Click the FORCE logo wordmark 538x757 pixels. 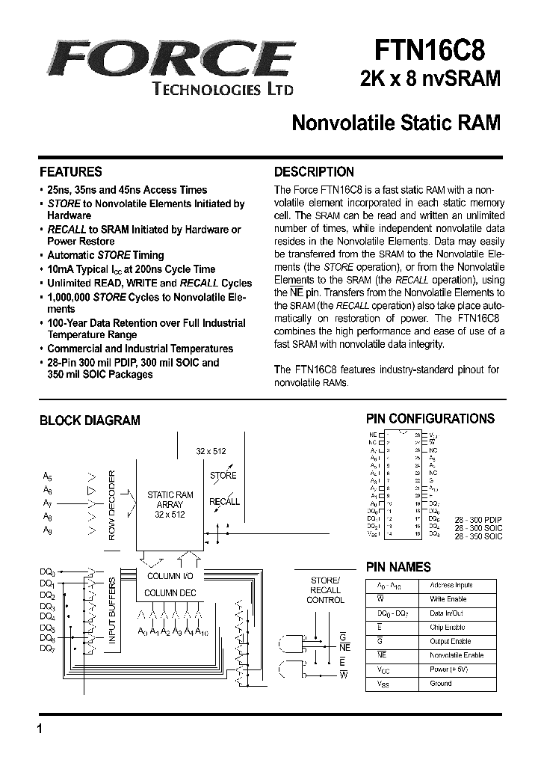coord(167,58)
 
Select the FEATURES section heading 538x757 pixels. coord(70,171)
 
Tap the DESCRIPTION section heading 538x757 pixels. coord(314,171)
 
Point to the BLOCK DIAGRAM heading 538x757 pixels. coord(90,420)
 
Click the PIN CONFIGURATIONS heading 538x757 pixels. coord(430,419)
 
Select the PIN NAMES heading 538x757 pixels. coord(398,567)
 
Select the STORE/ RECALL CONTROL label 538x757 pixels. coord(326,589)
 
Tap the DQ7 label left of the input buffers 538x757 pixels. coord(46,649)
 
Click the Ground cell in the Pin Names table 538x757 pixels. coord(441,684)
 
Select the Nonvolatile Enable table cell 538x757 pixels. coord(457,655)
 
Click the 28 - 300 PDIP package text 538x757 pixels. coord(483,518)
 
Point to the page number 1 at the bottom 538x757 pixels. coord(38,729)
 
